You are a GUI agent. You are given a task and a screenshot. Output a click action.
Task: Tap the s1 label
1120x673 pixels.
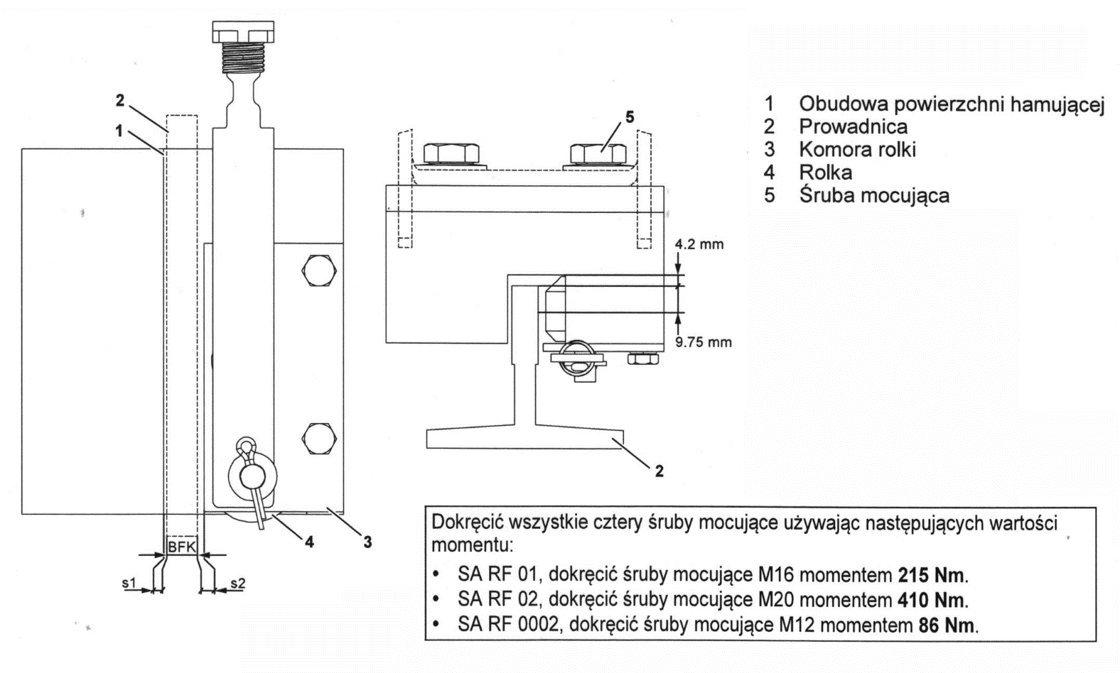click(x=129, y=583)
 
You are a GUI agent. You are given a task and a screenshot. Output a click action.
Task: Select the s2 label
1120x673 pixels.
click(x=237, y=583)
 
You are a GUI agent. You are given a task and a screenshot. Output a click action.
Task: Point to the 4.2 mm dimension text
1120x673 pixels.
click(x=699, y=245)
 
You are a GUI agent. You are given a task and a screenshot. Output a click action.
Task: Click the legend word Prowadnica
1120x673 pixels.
click(x=853, y=127)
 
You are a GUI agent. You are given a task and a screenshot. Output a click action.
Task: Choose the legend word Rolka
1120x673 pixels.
click(x=825, y=172)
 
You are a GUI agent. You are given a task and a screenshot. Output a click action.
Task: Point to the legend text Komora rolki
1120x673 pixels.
click(x=857, y=150)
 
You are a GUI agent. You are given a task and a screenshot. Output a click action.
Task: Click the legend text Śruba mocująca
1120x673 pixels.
click(x=873, y=195)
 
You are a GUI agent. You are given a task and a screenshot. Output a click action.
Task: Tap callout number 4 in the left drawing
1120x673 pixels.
click(x=309, y=542)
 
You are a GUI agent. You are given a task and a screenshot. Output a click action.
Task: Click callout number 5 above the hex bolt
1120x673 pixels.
click(x=630, y=116)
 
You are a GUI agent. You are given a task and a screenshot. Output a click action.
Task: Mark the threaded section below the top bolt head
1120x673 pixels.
click(x=242, y=58)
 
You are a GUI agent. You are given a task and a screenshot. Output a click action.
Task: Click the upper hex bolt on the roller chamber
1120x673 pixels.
click(x=318, y=271)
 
